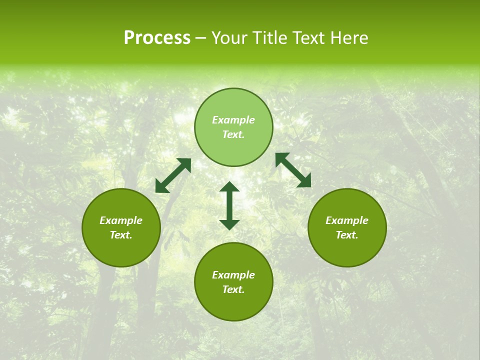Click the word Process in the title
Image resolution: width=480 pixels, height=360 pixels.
pyautogui.click(x=157, y=38)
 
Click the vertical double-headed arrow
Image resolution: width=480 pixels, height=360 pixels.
pyautogui.click(x=229, y=205)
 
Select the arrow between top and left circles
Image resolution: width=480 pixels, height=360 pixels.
pyautogui.click(x=173, y=175)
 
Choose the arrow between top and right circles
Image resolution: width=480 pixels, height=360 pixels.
pyautogui.click(x=293, y=170)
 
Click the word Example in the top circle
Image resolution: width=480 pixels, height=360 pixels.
pyautogui.click(x=233, y=120)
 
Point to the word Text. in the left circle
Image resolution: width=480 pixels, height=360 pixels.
pyautogui.click(x=121, y=235)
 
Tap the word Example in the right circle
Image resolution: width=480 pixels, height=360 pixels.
pyautogui.click(x=347, y=220)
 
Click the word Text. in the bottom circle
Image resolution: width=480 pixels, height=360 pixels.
pyautogui.click(x=233, y=289)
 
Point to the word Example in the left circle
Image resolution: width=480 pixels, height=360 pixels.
pyautogui.click(x=121, y=220)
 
